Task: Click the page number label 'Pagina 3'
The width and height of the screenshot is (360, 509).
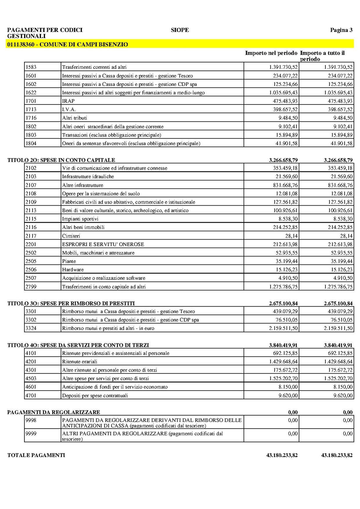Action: click(341, 30)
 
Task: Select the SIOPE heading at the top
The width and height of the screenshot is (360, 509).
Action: click(180, 30)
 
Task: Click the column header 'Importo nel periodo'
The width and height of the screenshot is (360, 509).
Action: click(271, 53)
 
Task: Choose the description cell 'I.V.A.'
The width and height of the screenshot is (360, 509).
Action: click(69, 109)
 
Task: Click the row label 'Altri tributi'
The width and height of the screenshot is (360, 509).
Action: click(75, 118)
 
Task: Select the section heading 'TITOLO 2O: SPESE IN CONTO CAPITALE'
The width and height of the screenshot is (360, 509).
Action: click(61, 160)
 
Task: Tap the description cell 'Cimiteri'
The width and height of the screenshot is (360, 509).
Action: click(71, 236)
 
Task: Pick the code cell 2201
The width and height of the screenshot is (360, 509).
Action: click(31, 244)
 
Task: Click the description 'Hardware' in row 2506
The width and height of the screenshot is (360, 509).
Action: click(73, 269)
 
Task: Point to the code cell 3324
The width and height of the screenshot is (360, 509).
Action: click(31, 328)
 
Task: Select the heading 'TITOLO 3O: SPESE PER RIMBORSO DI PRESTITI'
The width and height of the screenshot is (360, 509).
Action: click(71, 303)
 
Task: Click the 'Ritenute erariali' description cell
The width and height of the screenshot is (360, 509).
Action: click(80, 361)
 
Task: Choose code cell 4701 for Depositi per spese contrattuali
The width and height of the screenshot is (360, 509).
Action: click(31, 395)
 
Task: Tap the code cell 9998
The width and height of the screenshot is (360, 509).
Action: click(31, 420)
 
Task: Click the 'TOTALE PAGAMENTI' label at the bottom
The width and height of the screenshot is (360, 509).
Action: click(36, 455)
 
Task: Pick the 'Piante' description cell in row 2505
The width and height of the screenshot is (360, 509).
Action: click(69, 261)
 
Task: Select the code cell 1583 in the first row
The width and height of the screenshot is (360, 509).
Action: click(31, 67)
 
